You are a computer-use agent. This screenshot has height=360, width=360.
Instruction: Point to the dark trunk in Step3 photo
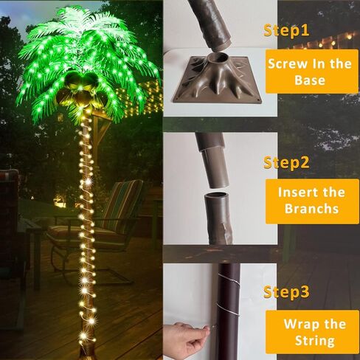229,310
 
